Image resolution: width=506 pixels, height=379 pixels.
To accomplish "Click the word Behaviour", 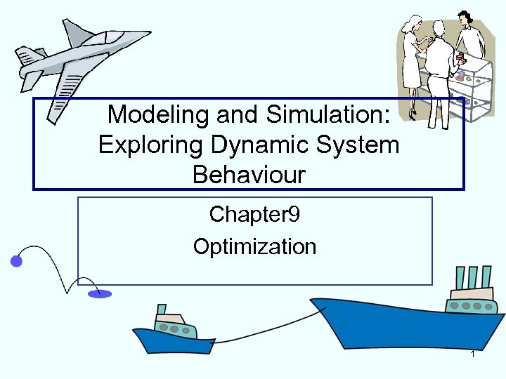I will tap(249, 175).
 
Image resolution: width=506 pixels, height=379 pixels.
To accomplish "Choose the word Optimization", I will tap(254, 246).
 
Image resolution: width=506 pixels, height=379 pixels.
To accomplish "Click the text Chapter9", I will tap(254, 214).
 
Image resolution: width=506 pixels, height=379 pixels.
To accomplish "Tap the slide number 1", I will tap(473, 354).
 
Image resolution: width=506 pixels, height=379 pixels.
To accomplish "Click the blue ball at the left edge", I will tap(16, 262).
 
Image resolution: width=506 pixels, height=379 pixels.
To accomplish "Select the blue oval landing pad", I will tap(99, 294).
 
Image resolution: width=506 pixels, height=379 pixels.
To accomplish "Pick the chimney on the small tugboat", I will tap(162, 310).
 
